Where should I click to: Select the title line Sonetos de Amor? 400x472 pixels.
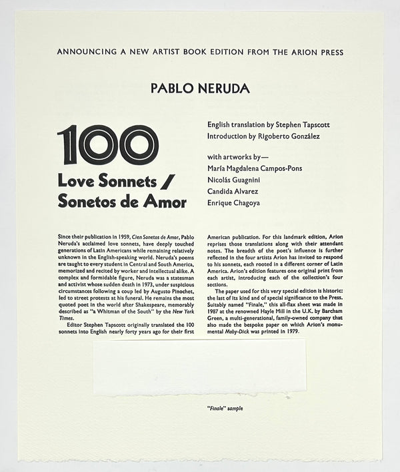click(x=122, y=202)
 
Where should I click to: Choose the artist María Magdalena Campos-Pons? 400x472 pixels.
click(x=255, y=168)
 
